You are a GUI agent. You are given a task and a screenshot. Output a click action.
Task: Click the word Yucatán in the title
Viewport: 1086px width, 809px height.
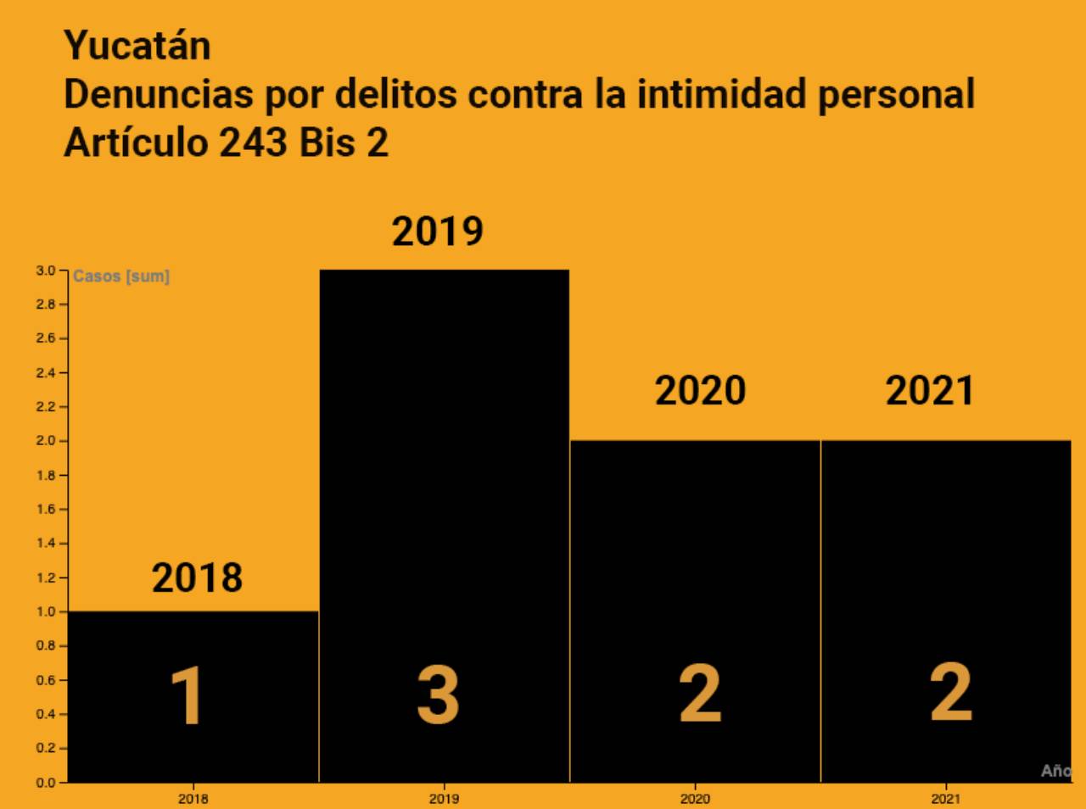(x=137, y=46)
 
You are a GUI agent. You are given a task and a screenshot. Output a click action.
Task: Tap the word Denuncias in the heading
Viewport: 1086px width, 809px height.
(x=159, y=94)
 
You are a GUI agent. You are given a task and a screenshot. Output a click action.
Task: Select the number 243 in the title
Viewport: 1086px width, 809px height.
(x=253, y=142)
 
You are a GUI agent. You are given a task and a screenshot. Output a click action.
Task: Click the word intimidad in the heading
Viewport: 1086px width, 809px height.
(x=721, y=94)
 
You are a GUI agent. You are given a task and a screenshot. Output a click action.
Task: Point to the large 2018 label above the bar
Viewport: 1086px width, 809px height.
(x=197, y=578)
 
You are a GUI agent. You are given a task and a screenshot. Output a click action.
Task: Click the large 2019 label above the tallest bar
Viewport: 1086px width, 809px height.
(x=437, y=232)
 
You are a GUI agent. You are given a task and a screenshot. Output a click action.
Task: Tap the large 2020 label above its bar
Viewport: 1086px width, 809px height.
(x=700, y=391)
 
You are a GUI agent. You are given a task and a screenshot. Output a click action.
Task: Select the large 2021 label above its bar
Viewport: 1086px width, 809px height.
(x=929, y=391)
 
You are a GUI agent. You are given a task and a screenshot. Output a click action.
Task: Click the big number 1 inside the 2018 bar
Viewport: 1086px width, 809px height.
(x=188, y=695)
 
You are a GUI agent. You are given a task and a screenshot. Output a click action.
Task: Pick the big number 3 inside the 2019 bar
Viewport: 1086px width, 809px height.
(x=438, y=695)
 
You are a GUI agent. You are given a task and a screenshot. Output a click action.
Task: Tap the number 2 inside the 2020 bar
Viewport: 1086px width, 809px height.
(x=700, y=694)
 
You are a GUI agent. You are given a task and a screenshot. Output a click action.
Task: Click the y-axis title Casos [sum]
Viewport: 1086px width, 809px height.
(x=121, y=276)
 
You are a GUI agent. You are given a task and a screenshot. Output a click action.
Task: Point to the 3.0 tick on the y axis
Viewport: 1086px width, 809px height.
(x=45, y=271)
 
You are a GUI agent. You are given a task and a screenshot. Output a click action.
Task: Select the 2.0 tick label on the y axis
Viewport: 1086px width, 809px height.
(x=45, y=441)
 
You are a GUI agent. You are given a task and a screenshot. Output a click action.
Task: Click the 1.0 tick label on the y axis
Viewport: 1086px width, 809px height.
(x=45, y=611)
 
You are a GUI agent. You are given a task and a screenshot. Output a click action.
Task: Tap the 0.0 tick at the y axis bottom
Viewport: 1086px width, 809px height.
(x=45, y=783)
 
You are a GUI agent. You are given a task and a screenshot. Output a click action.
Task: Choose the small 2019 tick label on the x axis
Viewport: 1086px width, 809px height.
(x=444, y=799)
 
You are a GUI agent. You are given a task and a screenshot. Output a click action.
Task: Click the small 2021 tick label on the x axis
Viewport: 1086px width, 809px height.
(x=946, y=799)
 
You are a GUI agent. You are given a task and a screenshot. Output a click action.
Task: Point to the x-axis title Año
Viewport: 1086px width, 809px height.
(x=1056, y=771)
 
